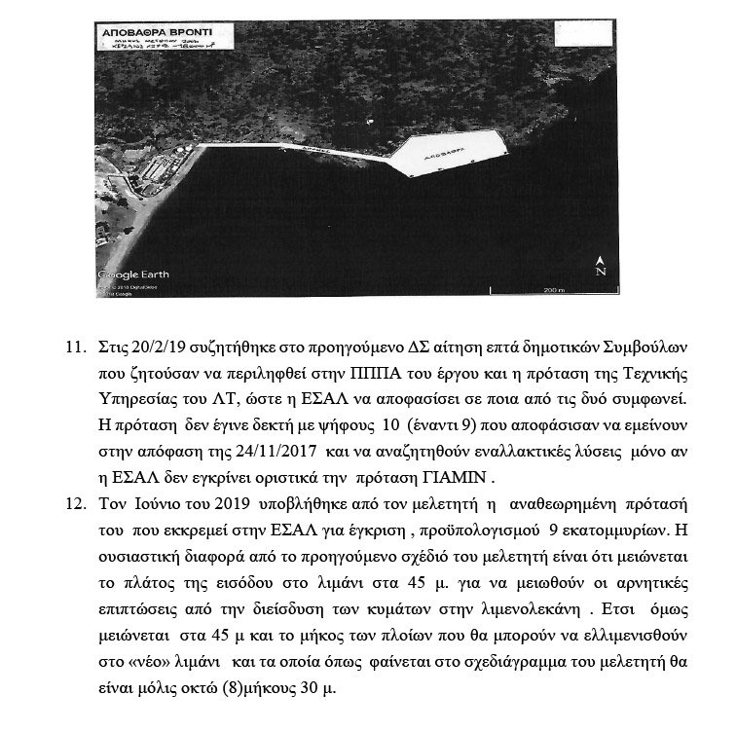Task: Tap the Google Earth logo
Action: pyautogui.click(x=133, y=274)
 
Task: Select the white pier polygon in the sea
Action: pyautogui.click(x=452, y=153)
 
